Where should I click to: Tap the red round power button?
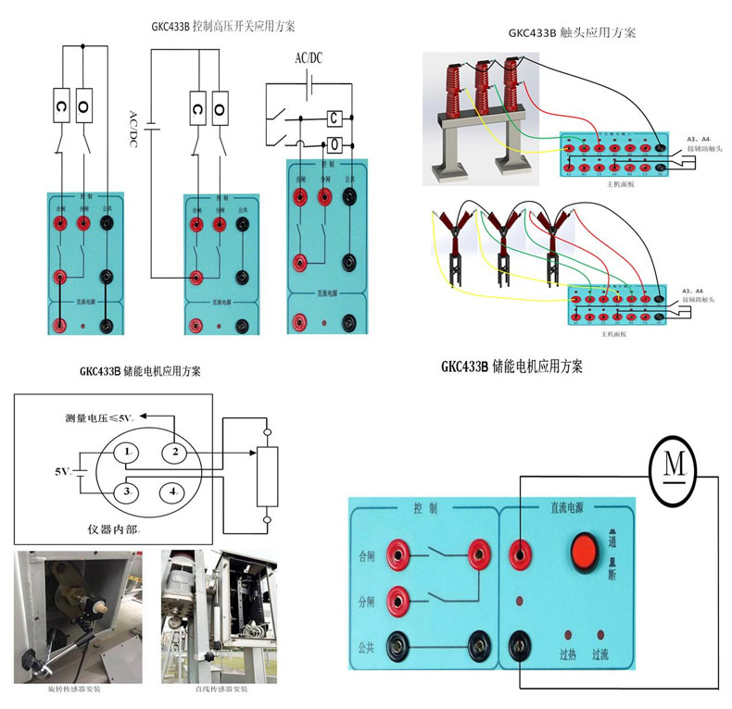point(583,548)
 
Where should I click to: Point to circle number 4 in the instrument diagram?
point(173,491)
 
